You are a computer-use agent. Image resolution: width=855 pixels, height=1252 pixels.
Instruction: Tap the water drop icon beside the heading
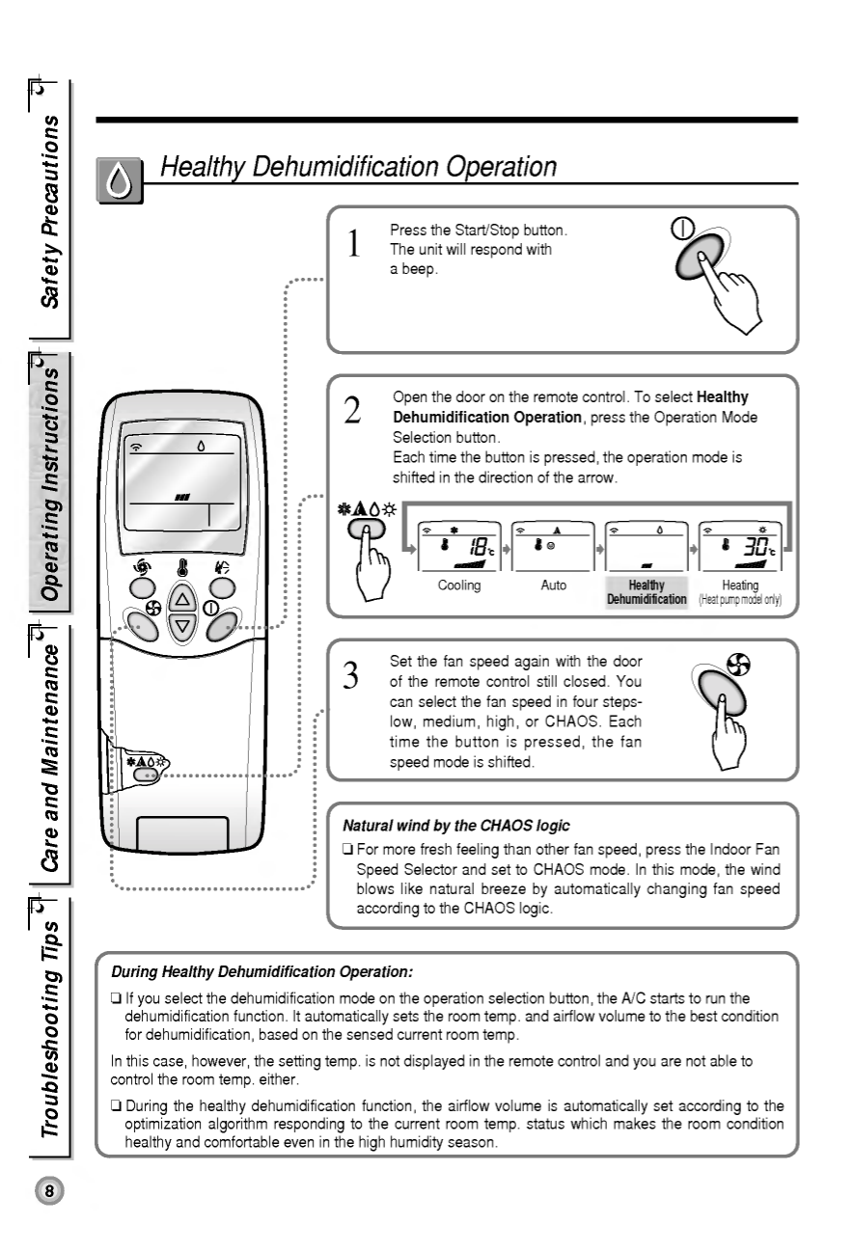[x=120, y=181]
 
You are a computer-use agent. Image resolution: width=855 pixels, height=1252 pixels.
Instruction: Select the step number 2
[x=353, y=410]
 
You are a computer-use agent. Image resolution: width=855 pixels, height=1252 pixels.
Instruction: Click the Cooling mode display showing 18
[x=459, y=547]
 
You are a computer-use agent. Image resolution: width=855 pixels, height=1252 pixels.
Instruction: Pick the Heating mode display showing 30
[x=740, y=547]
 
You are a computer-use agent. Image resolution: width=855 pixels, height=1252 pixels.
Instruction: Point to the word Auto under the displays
[x=554, y=585]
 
